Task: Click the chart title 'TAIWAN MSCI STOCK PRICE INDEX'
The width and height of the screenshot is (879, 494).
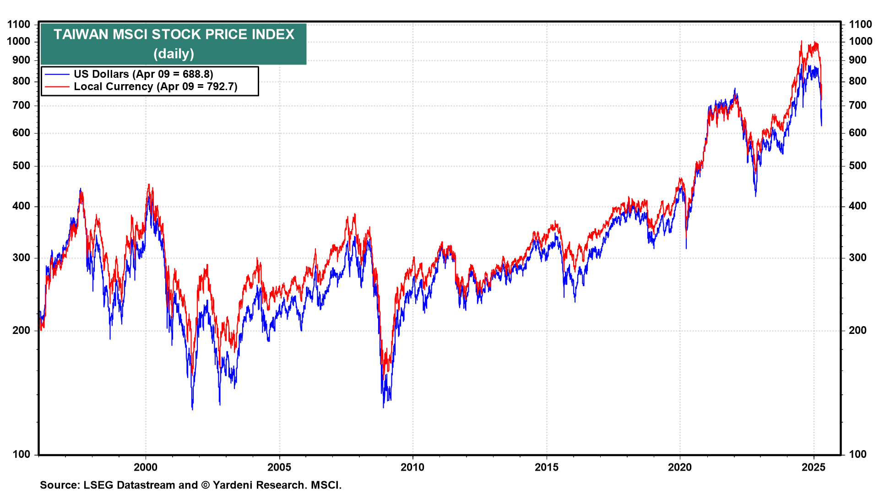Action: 174,34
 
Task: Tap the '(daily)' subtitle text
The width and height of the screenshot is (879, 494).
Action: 174,54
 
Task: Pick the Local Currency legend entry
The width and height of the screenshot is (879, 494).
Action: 155,86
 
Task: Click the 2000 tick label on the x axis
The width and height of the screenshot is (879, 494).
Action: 146,467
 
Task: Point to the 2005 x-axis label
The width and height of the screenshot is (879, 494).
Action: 279,467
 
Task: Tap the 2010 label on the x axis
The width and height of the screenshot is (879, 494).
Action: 412,467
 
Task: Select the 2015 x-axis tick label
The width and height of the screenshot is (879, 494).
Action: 547,467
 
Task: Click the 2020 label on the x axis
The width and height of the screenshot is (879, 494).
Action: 680,467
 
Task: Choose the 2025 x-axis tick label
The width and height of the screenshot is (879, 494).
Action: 814,467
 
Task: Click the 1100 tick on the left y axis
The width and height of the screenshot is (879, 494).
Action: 19,24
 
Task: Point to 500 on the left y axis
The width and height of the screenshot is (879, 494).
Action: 22,166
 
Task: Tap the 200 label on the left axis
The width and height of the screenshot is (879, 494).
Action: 22,330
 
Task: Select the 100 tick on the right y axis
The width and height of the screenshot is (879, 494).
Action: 858,454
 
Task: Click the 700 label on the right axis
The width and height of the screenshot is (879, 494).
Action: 858,105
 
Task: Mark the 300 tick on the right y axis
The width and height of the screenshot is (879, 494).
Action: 858,258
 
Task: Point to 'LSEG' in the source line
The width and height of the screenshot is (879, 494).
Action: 98,485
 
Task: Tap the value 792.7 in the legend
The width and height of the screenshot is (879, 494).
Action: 220,86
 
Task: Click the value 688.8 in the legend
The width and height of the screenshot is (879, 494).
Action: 196,74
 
